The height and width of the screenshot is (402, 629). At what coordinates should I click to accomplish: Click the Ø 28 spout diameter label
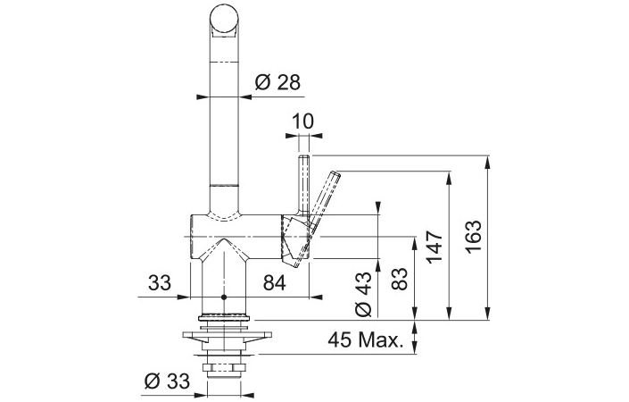pyautogui.click(x=277, y=83)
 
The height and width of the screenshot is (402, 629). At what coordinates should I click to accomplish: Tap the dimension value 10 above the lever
pyautogui.click(x=302, y=121)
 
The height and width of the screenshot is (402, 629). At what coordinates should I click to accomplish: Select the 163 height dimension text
pyautogui.click(x=474, y=237)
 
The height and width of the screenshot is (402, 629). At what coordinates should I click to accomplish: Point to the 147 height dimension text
pyautogui.click(x=435, y=247)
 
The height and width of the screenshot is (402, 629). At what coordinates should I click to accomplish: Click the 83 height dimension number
pyautogui.click(x=399, y=279)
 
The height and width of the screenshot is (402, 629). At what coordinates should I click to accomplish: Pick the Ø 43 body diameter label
pyautogui.click(x=363, y=294)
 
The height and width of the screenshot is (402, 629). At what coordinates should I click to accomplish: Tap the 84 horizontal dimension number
pyautogui.click(x=275, y=283)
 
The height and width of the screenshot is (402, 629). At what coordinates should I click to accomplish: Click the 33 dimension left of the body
pyautogui.click(x=160, y=282)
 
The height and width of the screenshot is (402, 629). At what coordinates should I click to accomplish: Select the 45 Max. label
pyautogui.click(x=365, y=340)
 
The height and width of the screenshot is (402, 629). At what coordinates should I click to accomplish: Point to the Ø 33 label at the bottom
pyautogui.click(x=167, y=381)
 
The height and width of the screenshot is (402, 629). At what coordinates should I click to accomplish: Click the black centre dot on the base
pyautogui.click(x=224, y=297)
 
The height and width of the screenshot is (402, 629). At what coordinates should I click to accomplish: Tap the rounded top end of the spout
pyautogui.click(x=224, y=12)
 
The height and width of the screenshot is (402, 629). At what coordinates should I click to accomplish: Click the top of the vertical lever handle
pyautogui.click(x=304, y=156)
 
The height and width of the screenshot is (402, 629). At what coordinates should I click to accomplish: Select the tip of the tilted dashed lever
pyautogui.click(x=335, y=174)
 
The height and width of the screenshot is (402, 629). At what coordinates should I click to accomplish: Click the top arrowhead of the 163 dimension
pyautogui.click(x=487, y=162)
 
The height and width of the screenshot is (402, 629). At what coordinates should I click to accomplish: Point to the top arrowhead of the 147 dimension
pyautogui.click(x=449, y=178)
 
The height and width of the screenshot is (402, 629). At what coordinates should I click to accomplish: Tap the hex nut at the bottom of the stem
pyautogui.click(x=224, y=368)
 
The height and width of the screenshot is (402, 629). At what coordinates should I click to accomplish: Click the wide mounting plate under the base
pyautogui.click(x=227, y=335)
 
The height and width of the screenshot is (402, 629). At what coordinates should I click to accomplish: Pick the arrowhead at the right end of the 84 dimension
pyautogui.click(x=316, y=297)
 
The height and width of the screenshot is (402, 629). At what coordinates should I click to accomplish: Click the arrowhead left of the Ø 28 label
pyautogui.click(x=203, y=97)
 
